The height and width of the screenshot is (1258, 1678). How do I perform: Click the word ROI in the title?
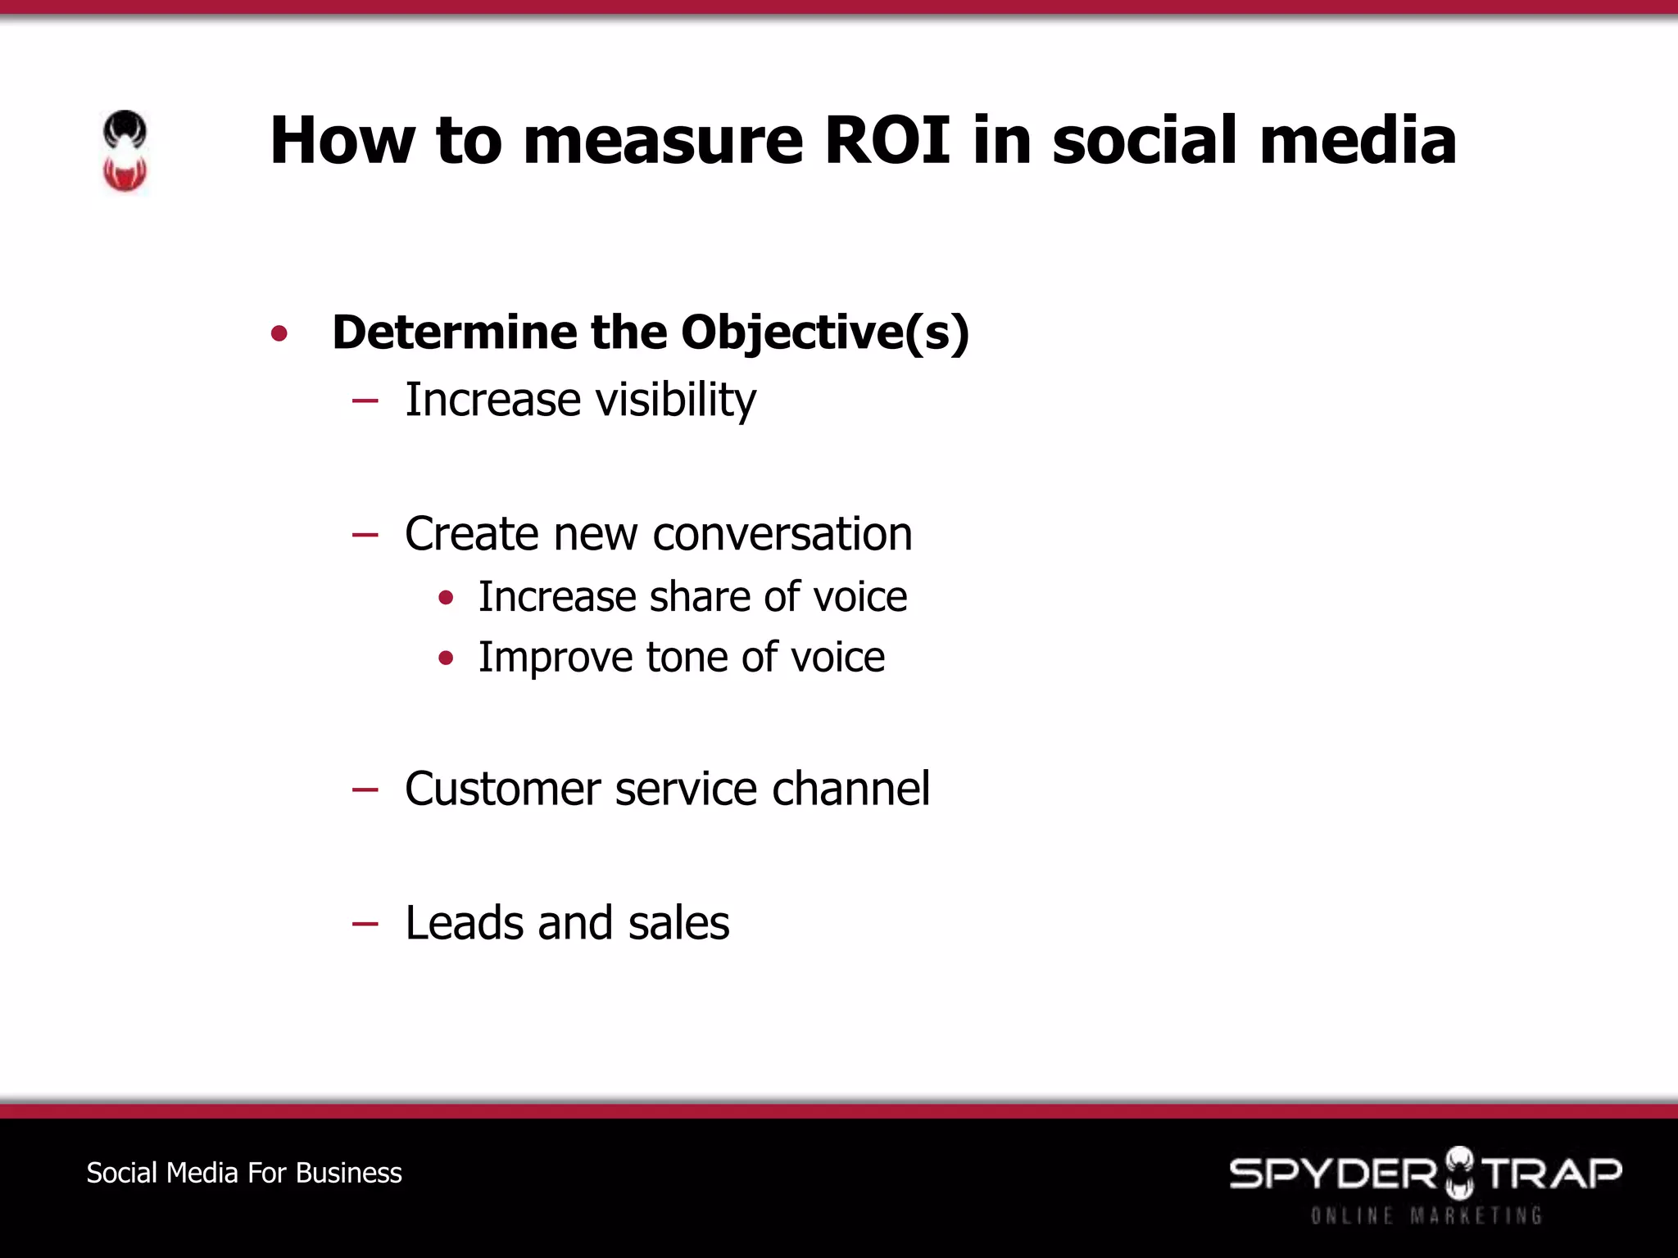[887, 140]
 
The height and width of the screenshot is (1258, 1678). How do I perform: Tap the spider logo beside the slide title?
[125, 152]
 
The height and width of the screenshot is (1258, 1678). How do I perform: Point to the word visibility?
[676, 400]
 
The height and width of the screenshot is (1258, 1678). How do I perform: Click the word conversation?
[782, 534]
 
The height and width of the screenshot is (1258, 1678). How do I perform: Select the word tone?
[687, 657]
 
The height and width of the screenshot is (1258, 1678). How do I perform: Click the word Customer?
[502, 789]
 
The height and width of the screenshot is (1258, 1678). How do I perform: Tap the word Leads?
[464, 923]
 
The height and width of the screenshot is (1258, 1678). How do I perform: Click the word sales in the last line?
[678, 923]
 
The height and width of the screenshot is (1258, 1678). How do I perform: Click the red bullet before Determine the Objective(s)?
[279, 333]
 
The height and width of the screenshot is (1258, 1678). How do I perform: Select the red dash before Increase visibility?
[365, 401]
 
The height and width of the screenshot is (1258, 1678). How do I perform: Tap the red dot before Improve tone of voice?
[446, 658]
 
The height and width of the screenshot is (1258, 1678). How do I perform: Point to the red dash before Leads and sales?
[365, 925]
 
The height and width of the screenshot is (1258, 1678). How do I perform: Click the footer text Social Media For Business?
[244, 1173]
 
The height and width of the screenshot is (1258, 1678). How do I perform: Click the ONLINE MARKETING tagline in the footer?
[1426, 1215]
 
